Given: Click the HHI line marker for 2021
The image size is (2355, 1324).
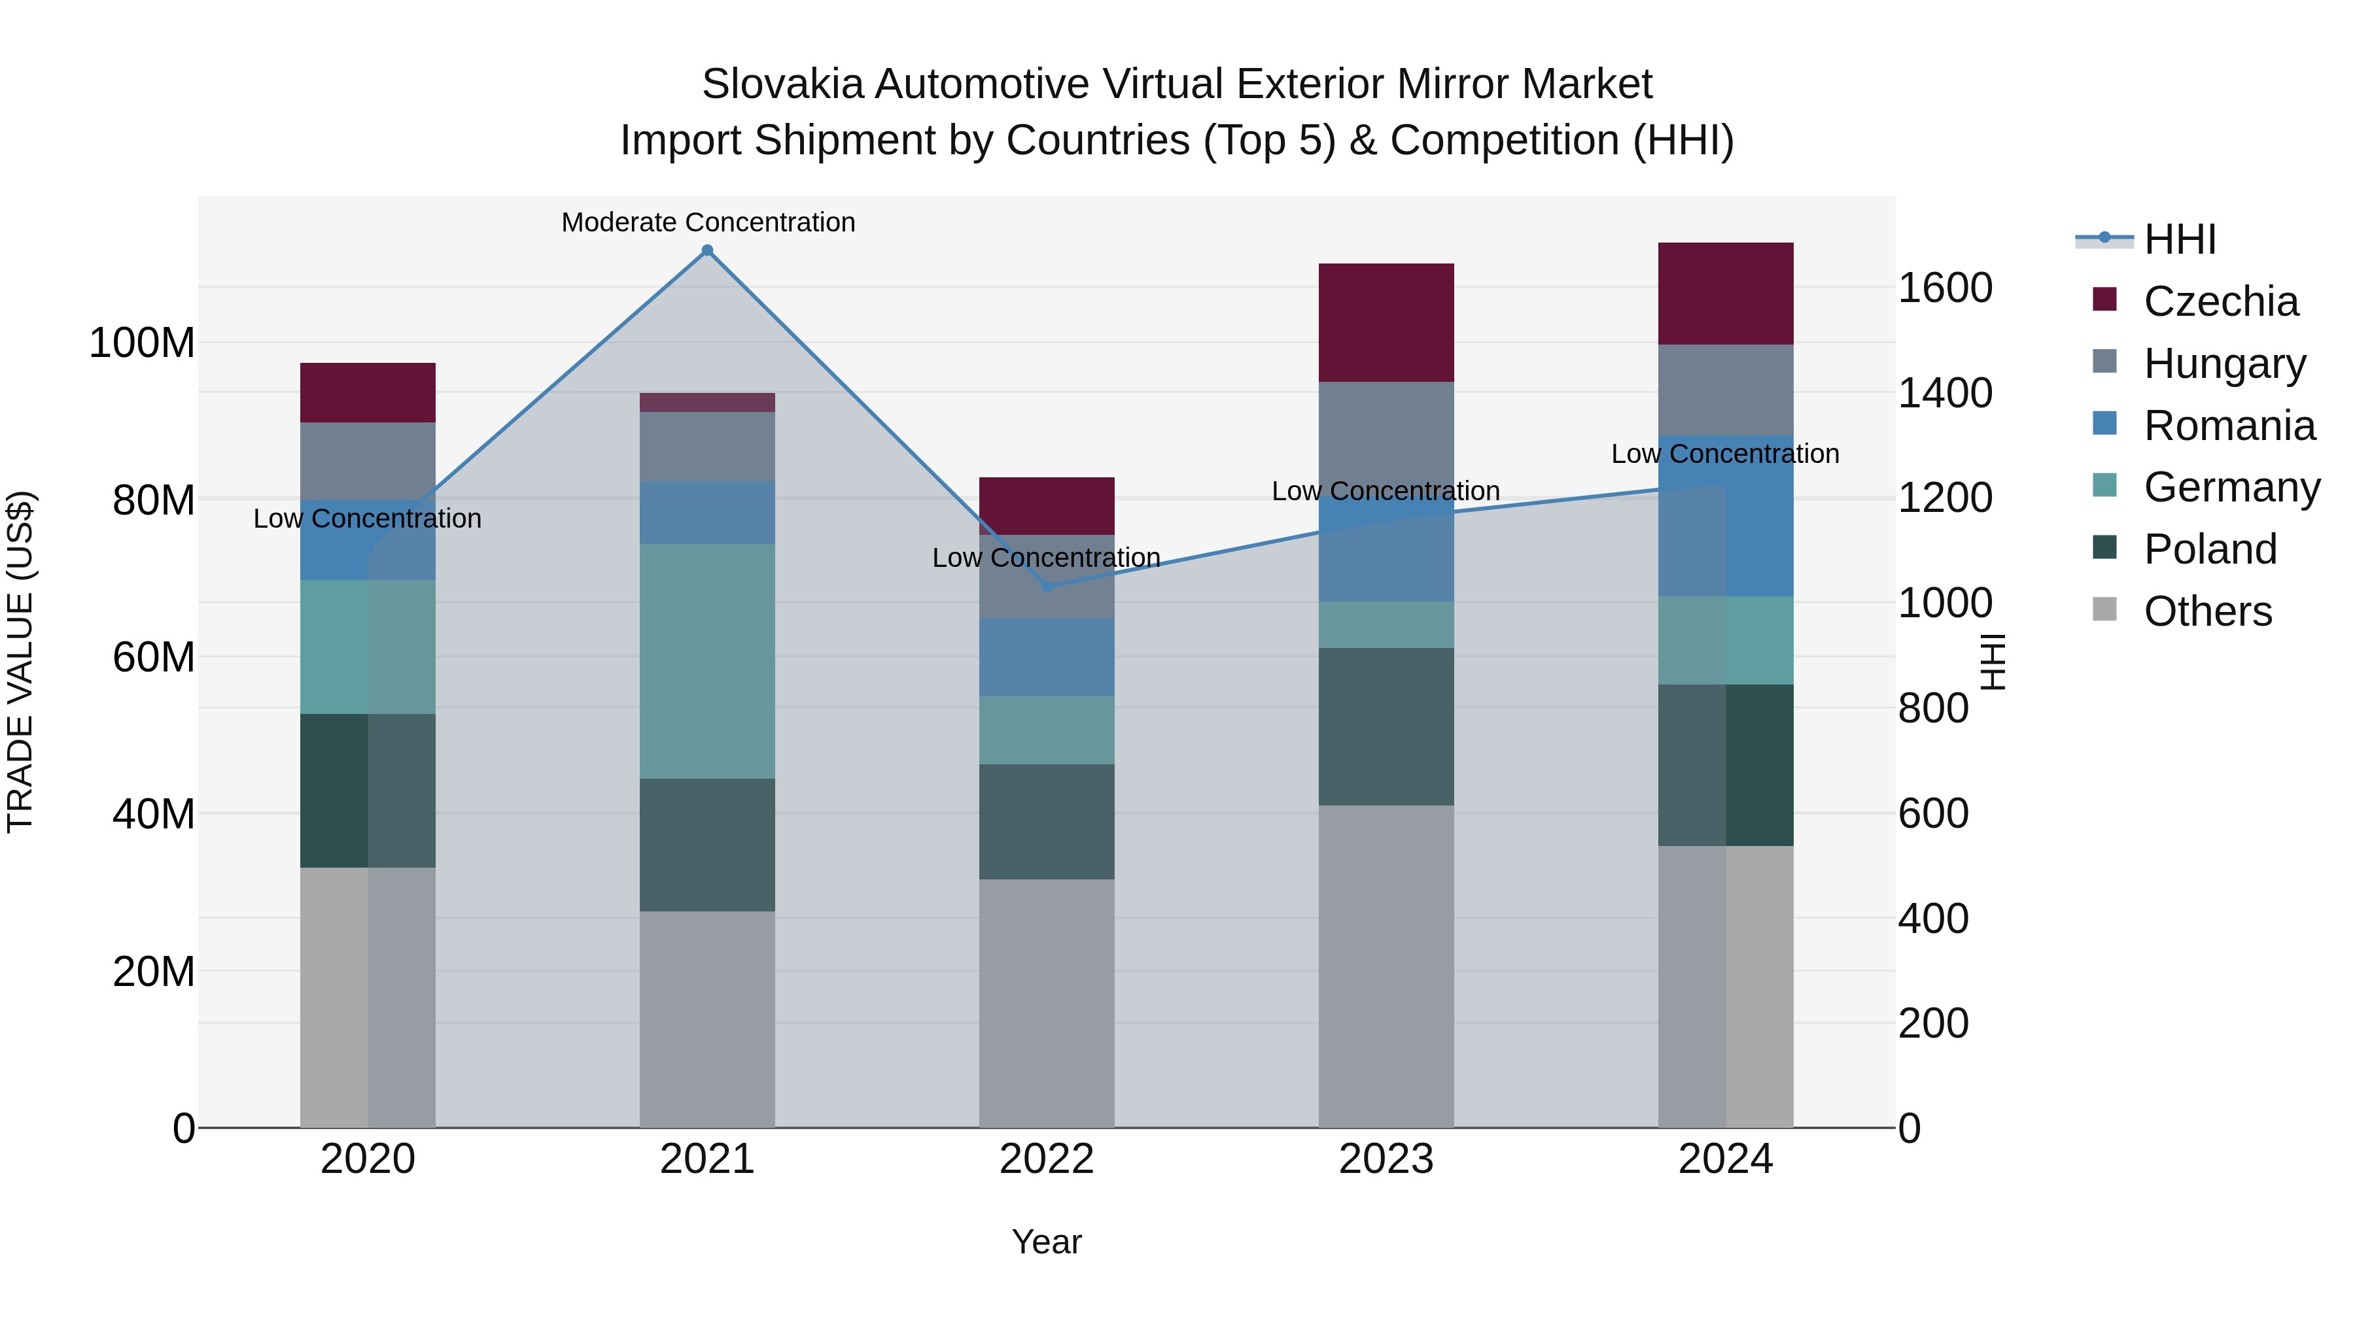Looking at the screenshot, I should [706, 250].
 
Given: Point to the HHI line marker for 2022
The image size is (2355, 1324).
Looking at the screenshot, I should [1047, 586].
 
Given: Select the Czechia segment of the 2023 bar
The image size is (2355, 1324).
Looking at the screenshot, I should [1386, 322].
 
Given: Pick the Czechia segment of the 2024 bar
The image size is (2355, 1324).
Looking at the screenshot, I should [1725, 294].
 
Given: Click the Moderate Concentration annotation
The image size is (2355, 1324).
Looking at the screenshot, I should [708, 222].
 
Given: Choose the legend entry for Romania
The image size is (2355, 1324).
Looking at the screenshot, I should [2229, 426].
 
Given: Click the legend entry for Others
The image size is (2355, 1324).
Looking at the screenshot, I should [2207, 611].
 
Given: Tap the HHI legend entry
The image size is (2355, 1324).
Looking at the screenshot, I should [2180, 239].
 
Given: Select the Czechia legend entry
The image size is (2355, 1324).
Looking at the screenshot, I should [2220, 301].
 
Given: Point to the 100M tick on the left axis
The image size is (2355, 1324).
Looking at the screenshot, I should [142, 343].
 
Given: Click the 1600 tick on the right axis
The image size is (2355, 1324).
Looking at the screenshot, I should [1945, 288].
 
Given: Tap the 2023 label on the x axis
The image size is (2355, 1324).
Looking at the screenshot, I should [1386, 1159].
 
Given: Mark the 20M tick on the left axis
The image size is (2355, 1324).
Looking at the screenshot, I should [152, 972].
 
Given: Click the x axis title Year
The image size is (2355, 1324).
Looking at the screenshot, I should [1046, 1242].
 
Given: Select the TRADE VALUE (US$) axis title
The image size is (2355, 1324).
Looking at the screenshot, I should [20, 662].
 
